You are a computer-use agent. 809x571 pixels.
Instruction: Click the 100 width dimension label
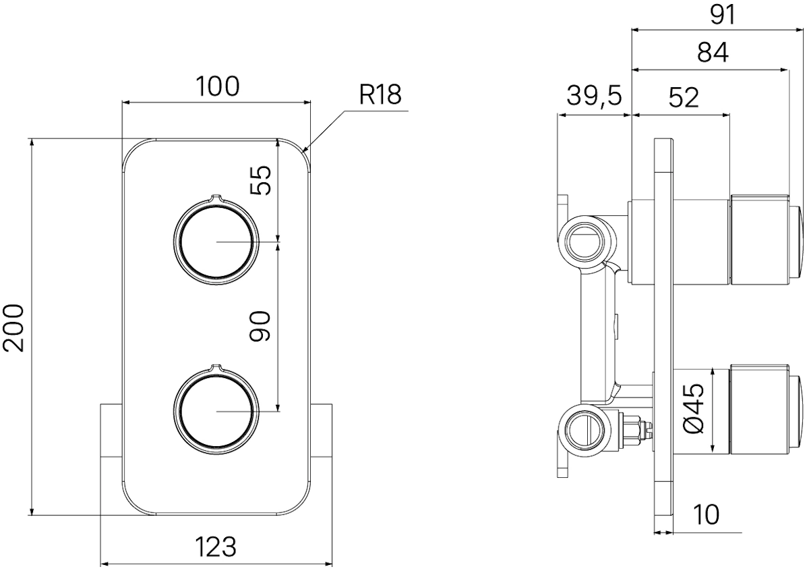click(217, 86)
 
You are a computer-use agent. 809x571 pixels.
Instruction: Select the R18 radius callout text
click(380, 95)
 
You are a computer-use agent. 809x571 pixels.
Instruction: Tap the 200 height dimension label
click(13, 328)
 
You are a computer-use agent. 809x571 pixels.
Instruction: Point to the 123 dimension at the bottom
click(216, 547)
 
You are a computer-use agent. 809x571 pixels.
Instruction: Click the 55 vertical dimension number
click(260, 180)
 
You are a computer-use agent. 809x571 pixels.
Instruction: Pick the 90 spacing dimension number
click(260, 326)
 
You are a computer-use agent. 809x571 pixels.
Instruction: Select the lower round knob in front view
click(216, 410)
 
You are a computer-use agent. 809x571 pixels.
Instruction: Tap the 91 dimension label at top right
click(722, 16)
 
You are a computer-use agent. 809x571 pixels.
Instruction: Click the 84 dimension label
click(713, 53)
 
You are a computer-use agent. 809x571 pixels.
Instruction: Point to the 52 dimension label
click(684, 98)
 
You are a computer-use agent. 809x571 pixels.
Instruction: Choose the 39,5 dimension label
click(594, 97)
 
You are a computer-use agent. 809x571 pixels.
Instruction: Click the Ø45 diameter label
click(694, 408)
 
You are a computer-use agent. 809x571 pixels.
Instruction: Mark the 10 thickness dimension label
click(706, 515)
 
